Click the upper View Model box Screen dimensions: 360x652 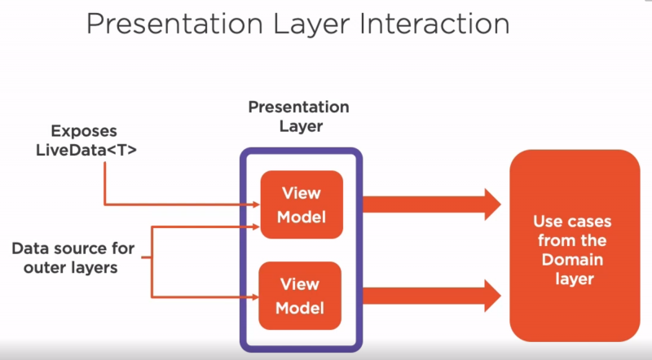click(302, 204)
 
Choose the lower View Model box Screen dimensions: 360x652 click(302, 296)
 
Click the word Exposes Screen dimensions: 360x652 click(84, 130)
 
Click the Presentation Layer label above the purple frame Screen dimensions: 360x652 click(298, 116)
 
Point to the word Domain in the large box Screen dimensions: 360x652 click(573, 260)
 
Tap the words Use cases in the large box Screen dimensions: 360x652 click(573, 221)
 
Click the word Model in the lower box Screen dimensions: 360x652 click(301, 308)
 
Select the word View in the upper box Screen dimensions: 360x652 click(301, 193)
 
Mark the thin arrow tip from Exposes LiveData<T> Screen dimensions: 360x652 click(256, 204)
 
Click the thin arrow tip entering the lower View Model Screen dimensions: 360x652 click(256, 296)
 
